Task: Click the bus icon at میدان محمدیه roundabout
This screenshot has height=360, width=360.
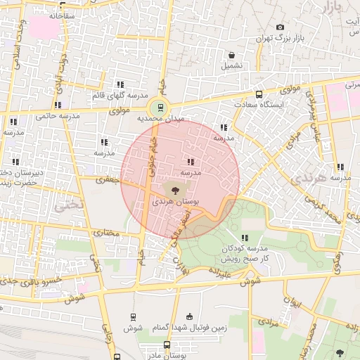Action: (161, 108)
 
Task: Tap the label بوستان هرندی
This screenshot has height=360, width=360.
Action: (176, 201)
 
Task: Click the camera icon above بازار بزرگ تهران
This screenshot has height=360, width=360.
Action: (280, 27)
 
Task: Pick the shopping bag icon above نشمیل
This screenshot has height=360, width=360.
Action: (232, 55)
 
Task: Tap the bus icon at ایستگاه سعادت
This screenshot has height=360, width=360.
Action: (259, 94)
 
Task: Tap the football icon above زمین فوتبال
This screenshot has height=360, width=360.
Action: (188, 317)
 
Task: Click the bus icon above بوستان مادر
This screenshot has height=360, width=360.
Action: (167, 345)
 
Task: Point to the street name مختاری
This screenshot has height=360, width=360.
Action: (103, 233)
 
